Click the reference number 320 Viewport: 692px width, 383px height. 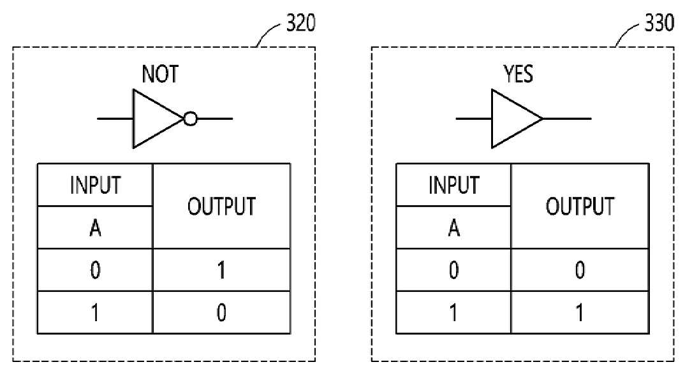[x=301, y=23]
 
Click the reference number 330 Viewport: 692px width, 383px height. [x=659, y=23]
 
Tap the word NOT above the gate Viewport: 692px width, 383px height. [x=160, y=74]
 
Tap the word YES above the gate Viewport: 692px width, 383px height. [x=518, y=74]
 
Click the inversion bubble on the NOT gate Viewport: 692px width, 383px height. [x=190, y=119]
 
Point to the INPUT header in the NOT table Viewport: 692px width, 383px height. [x=95, y=185]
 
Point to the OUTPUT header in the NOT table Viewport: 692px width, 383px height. [x=221, y=206]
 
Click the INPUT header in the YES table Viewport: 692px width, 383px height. [x=453, y=185]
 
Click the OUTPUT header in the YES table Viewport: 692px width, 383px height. [x=580, y=206]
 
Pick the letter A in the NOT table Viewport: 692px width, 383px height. [x=95, y=228]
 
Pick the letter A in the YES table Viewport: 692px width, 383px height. [x=453, y=228]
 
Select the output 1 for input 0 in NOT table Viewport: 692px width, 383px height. [x=221, y=270]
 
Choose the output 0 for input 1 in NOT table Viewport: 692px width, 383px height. [x=221, y=312]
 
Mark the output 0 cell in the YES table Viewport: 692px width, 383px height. [x=580, y=270]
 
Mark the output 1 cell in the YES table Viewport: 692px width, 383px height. [x=580, y=312]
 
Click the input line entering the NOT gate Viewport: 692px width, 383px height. [x=115, y=119]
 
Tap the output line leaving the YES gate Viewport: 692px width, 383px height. [x=567, y=119]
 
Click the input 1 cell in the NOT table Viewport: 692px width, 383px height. [x=95, y=312]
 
